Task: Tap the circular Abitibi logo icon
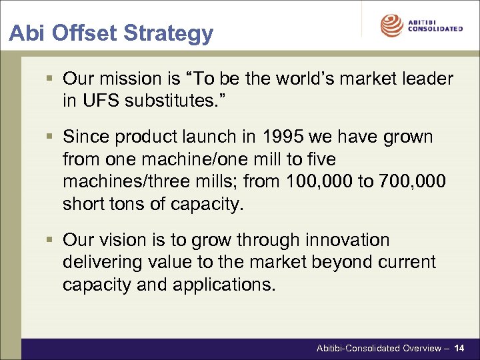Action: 391,25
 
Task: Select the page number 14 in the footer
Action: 459,348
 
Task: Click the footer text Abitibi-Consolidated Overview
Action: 378,348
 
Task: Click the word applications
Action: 223,285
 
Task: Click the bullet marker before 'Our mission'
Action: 53,79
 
